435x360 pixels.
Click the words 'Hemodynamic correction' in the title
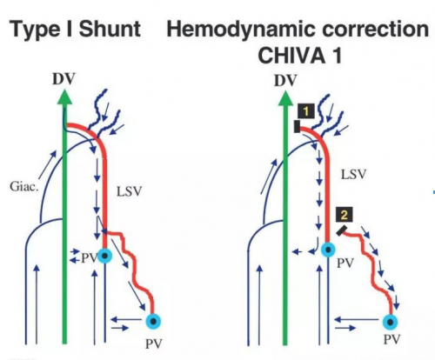pyautogui.click(x=298, y=30)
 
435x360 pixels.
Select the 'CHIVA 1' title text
pyautogui.click(x=300, y=56)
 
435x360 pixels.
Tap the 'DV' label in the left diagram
pyautogui.click(x=64, y=79)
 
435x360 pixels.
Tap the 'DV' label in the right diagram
pyautogui.click(x=285, y=81)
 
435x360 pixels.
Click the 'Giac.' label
pyautogui.click(x=24, y=186)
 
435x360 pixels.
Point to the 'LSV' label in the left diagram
pyautogui.click(x=129, y=191)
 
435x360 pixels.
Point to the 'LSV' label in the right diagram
pyautogui.click(x=353, y=175)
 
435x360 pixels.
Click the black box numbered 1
pyautogui.click(x=306, y=110)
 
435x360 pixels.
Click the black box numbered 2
pyautogui.click(x=345, y=215)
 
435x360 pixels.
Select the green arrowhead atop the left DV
pyautogui.click(x=64, y=97)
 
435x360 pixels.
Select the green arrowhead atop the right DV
pyautogui.click(x=285, y=99)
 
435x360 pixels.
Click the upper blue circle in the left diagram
pyautogui.click(x=105, y=256)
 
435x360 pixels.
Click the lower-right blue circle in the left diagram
pyautogui.click(x=153, y=321)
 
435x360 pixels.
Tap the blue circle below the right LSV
pyautogui.click(x=328, y=250)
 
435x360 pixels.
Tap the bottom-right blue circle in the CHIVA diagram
pyautogui.click(x=391, y=322)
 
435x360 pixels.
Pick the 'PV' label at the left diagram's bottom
pyautogui.click(x=153, y=343)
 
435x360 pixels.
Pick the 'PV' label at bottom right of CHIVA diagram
pyautogui.click(x=392, y=339)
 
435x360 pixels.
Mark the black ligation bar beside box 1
pyautogui.click(x=297, y=127)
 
